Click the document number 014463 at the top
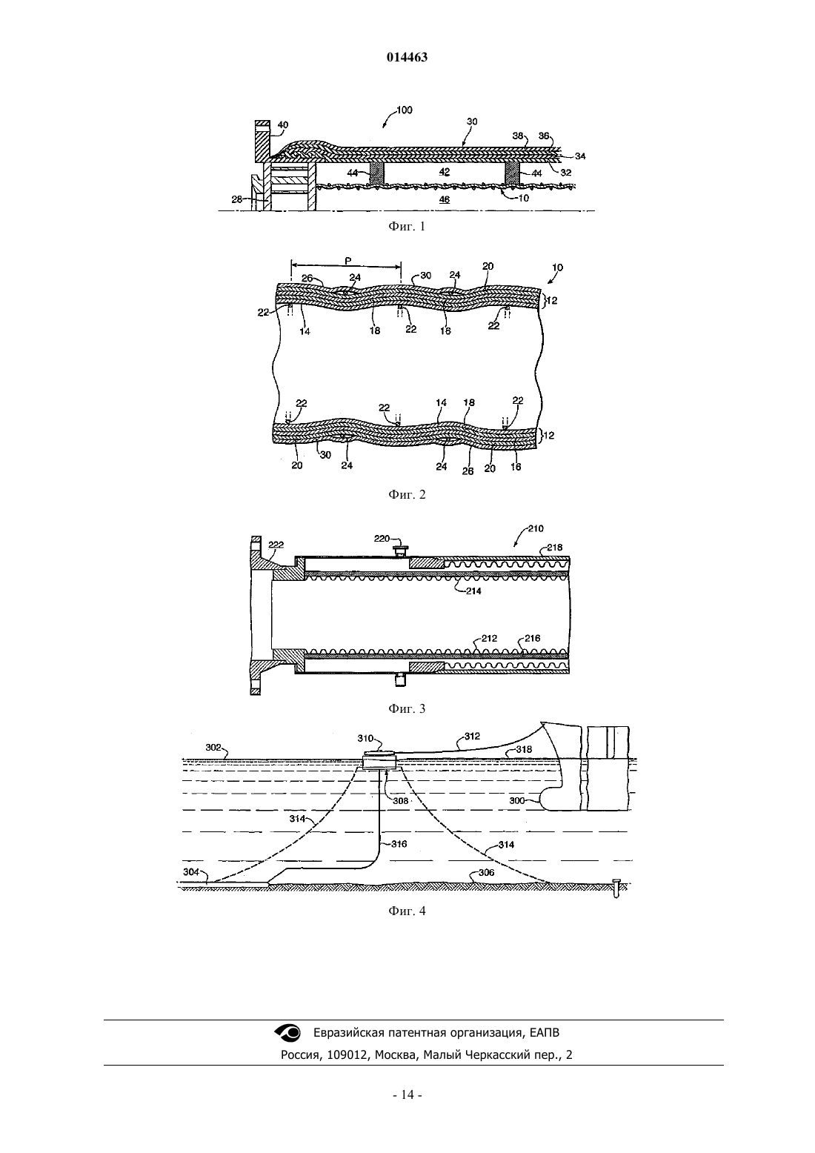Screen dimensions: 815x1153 coord(407,57)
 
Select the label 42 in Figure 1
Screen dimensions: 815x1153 coord(444,172)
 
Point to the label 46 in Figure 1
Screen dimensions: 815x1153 coord(444,199)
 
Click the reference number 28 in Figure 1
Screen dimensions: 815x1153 coord(236,199)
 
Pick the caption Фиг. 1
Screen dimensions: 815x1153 coord(407,227)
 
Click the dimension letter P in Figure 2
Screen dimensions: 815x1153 coord(347,261)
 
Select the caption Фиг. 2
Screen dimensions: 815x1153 coord(407,495)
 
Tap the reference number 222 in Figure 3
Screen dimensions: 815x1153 coord(276,545)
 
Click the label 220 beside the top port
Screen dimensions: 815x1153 coord(382,539)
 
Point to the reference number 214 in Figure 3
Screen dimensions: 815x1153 coord(473,591)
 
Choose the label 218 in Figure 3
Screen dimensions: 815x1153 coord(554,548)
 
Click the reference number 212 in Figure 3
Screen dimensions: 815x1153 coord(489,638)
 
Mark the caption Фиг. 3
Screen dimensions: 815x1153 coord(407,709)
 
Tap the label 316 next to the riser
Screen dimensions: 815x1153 coord(399,844)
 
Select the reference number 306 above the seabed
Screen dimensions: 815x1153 coord(486,872)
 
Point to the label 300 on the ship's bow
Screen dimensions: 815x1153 coord(517,800)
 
